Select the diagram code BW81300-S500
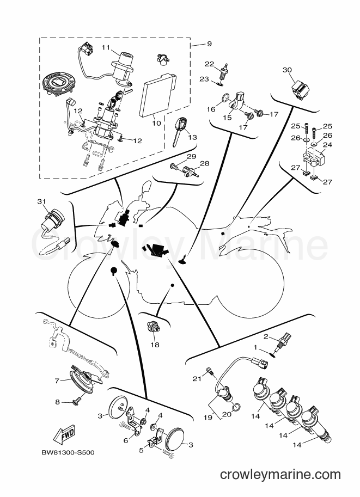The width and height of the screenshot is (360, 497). [x=68, y=452]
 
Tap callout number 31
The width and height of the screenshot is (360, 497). [x=41, y=201]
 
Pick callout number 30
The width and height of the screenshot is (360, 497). [x=287, y=70]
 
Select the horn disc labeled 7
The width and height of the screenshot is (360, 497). [x=83, y=378]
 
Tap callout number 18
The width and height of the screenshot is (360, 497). [x=155, y=345]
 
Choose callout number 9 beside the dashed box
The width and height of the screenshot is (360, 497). [x=209, y=44]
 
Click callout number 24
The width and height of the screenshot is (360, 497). [x=327, y=145]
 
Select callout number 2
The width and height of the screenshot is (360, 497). [x=266, y=336]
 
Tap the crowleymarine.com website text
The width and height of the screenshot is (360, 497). [x=280, y=475]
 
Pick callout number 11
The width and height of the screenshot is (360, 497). [x=105, y=47]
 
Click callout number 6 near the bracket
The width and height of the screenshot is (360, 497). [x=126, y=440]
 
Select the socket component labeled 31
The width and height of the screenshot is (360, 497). [x=52, y=224]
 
